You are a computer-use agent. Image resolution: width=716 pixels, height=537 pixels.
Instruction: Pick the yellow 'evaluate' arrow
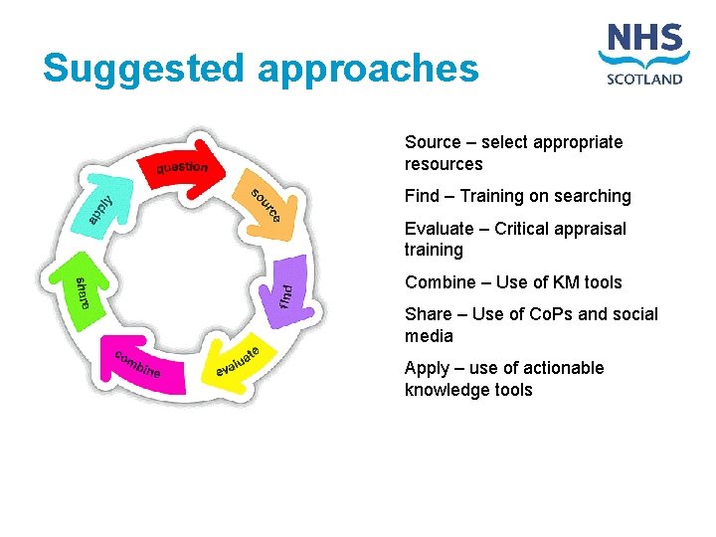tap(238, 361)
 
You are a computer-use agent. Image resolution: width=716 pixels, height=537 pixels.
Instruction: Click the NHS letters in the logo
tap(644, 42)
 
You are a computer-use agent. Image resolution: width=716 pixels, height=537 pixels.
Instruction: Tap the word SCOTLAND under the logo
tap(644, 79)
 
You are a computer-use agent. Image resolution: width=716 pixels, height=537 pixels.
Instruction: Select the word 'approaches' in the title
tap(368, 70)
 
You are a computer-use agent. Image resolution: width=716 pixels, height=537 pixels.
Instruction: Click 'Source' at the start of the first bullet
tap(433, 142)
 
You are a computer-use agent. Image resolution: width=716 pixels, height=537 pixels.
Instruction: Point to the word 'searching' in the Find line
tap(595, 196)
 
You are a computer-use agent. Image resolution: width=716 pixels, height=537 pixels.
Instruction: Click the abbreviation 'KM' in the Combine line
tap(553, 282)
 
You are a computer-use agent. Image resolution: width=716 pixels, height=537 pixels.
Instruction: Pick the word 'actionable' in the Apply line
tap(565, 368)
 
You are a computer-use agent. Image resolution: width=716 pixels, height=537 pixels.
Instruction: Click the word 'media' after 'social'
tap(429, 336)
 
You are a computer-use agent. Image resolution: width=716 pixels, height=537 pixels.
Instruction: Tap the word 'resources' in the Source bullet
tap(444, 164)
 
